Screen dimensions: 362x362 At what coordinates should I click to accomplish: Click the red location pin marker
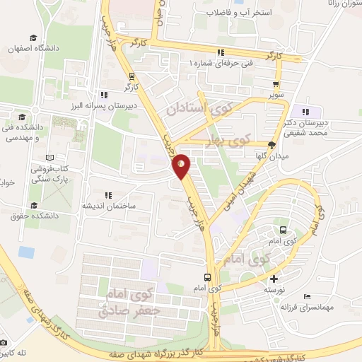tap(181, 165)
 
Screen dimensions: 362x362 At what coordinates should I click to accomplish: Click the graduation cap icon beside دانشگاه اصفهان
tap(33, 38)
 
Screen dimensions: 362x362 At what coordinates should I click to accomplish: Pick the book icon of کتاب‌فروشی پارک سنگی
tap(48, 158)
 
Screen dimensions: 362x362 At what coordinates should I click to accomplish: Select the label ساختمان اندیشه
tap(108, 206)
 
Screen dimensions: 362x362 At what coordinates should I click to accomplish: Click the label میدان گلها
tap(271, 156)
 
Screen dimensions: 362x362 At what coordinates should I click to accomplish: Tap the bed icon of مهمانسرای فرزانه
tap(306, 296)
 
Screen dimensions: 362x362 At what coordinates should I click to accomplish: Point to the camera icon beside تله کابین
tap(4, 342)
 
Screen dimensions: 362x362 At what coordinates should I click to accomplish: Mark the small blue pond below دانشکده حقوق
tap(26, 252)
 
